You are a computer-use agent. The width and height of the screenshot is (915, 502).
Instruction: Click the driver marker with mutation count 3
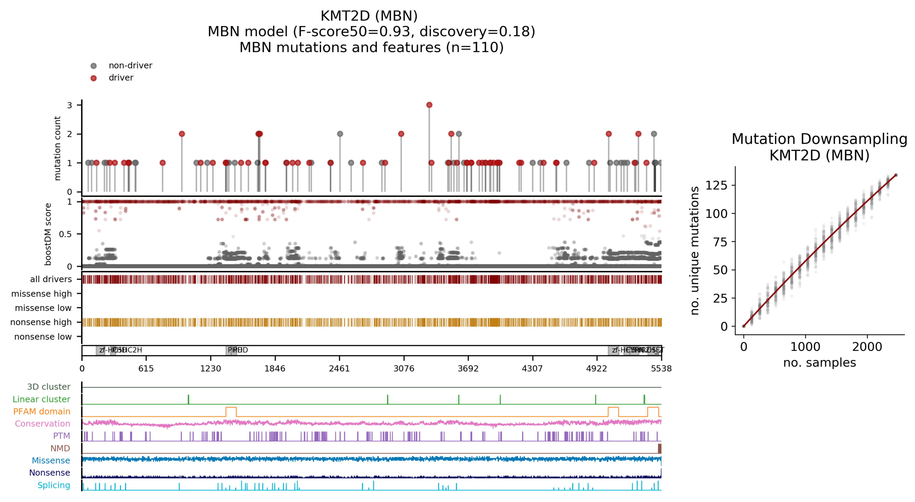click(429, 105)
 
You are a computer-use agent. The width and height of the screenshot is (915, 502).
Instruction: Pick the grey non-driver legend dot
click(93, 66)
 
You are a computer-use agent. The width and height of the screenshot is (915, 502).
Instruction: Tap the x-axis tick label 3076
click(404, 368)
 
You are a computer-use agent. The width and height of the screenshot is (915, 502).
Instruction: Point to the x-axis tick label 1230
click(211, 368)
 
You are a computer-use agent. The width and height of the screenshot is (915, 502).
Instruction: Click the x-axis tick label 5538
click(661, 368)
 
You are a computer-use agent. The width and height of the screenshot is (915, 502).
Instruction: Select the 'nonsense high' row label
click(41, 322)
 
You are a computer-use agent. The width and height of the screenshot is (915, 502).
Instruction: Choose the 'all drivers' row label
click(51, 279)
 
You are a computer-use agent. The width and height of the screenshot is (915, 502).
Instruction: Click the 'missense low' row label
click(43, 308)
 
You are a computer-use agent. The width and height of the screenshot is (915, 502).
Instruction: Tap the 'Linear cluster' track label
click(41, 399)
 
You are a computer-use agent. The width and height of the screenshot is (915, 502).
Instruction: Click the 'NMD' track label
click(60, 448)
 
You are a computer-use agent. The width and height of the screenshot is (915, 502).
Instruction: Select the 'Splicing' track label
click(54, 485)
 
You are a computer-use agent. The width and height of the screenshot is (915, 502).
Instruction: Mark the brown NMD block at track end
click(659, 448)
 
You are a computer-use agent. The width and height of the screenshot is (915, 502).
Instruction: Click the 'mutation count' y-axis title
click(57, 148)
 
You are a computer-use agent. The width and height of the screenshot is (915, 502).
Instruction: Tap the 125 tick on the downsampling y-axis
click(716, 185)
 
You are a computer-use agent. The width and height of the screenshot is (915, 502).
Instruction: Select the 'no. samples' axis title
click(819, 363)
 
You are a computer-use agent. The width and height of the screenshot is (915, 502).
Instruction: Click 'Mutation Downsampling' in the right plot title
click(819, 139)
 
